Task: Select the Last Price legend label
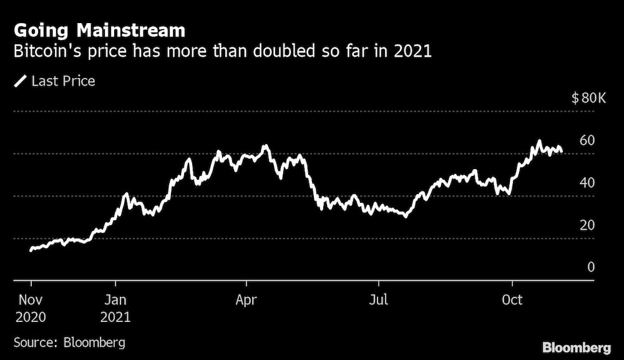[63, 80]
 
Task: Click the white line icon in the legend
[21, 80]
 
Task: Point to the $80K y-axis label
[588, 99]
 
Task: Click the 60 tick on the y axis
[587, 140]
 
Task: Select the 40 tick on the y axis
[587, 183]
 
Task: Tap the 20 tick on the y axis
[587, 225]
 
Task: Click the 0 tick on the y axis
[591, 267]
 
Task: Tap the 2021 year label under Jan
[116, 317]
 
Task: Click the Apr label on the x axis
[246, 299]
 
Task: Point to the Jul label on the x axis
[378, 299]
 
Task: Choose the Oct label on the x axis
[512, 299]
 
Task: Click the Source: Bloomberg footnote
[69, 342]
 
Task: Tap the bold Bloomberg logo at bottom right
[577, 347]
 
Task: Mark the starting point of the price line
[31, 250]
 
